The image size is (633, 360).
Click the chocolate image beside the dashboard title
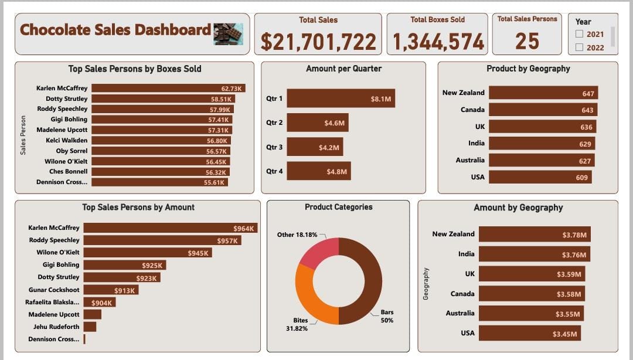tap(228, 34)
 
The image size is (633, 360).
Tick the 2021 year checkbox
tap(580, 35)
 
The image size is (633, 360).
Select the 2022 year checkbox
tap(580, 47)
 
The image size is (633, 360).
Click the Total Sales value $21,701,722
tap(318, 42)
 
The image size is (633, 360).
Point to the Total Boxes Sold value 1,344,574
tap(438, 42)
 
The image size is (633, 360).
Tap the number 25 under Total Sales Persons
tap(527, 41)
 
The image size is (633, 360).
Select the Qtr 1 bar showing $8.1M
tap(341, 99)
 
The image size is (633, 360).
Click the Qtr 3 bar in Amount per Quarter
tap(315, 147)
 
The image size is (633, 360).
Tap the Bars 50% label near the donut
tap(387, 317)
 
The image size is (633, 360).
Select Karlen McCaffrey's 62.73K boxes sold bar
tap(168, 88)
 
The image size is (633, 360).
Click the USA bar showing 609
tap(540, 177)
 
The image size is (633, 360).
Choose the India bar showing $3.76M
tap(534, 254)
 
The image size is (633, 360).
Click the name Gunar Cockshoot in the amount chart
tap(54, 290)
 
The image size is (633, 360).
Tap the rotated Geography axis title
tap(426, 284)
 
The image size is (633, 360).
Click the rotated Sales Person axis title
tap(23, 135)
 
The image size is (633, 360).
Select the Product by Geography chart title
tap(528, 69)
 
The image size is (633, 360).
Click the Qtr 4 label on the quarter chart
tap(274, 171)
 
